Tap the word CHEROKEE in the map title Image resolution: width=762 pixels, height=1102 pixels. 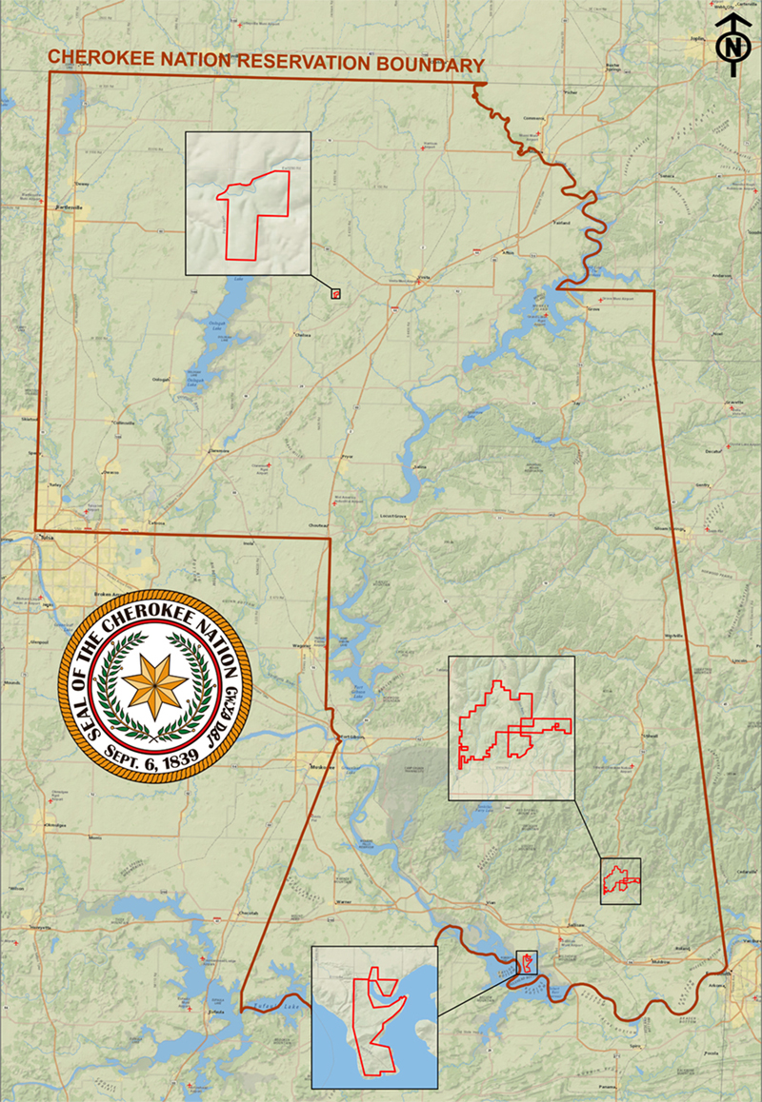click(x=94, y=56)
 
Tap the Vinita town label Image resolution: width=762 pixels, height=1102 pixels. click(x=425, y=277)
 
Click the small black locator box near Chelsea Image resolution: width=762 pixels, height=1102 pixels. click(x=335, y=294)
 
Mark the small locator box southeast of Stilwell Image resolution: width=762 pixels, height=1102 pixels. click(x=620, y=880)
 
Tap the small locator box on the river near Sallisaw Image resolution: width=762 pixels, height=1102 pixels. click(x=526, y=963)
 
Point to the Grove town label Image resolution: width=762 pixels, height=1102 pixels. click(x=592, y=309)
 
